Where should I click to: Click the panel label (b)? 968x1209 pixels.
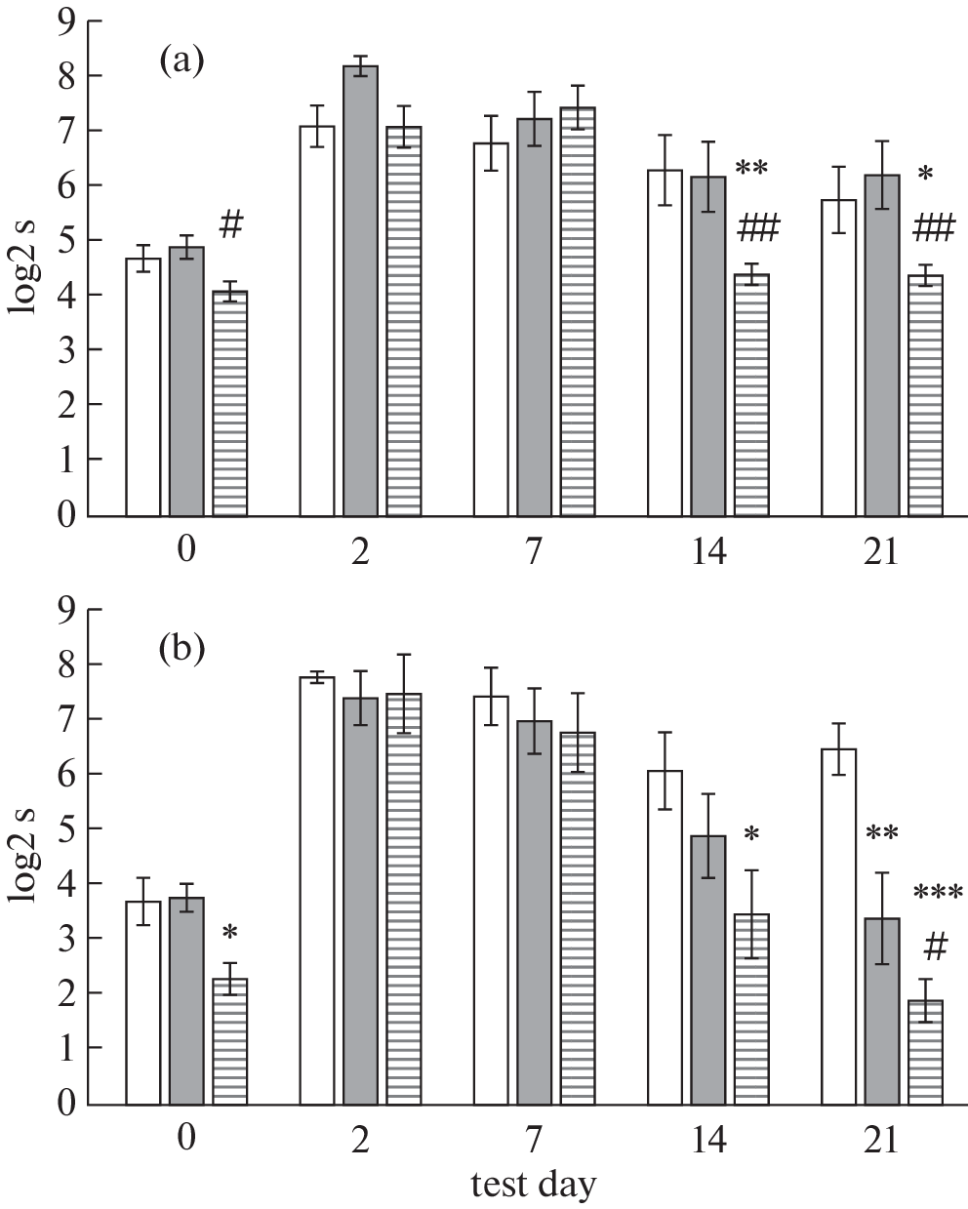click(182, 648)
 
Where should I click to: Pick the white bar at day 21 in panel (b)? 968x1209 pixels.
click(838, 926)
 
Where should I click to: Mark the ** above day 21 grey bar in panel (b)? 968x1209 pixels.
click(881, 835)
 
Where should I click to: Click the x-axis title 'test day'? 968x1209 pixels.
click(533, 1185)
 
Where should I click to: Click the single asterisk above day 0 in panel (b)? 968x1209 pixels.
click(230, 934)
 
